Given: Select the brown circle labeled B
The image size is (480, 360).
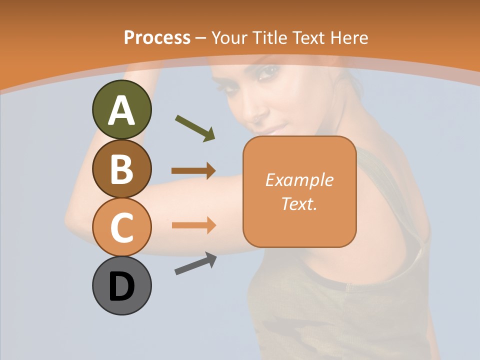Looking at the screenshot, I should tap(121, 169).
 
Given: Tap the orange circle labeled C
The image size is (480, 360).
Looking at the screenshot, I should tap(121, 227).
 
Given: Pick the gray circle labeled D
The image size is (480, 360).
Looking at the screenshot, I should tap(121, 285).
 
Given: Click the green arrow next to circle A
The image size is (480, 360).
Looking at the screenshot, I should tap(195, 127).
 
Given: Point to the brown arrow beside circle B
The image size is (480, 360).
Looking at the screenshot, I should tap(193, 170).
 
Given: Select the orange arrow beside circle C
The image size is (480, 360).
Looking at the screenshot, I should tap(193, 225).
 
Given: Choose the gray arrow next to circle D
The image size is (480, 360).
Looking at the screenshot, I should tap(195, 263).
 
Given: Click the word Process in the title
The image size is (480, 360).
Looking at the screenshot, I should tap(157, 37).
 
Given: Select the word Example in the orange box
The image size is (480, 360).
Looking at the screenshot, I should tap(299, 180).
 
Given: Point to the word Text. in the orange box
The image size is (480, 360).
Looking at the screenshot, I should tap(299, 203).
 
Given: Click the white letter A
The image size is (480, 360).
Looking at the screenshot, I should tap(121, 110).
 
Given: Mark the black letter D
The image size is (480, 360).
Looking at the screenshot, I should tap(121, 287).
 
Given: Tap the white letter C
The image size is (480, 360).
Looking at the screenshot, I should tap(121, 228).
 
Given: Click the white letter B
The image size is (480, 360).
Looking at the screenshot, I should tap(121, 169).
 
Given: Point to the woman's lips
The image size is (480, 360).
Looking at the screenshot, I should tap(270, 129).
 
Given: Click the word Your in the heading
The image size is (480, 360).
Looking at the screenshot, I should tap(228, 37).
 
